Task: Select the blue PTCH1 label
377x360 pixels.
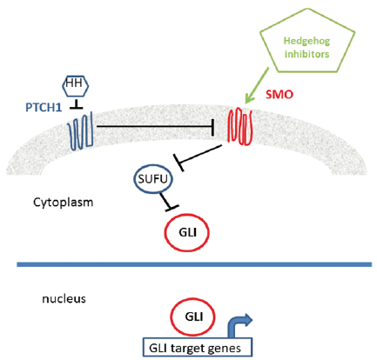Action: tap(44, 108)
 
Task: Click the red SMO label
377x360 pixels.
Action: tap(279, 95)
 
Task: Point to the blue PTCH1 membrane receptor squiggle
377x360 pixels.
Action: tap(80, 131)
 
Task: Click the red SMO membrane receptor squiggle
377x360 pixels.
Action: tap(240, 126)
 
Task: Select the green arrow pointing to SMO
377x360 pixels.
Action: tap(257, 85)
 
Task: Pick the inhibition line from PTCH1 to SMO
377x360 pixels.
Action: tap(155, 126)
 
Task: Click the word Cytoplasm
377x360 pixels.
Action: tap(64, 203)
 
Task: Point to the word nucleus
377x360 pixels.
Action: tap(64, 298)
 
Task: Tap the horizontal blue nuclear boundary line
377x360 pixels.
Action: tap(194, 264)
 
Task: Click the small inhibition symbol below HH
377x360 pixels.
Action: tap(77, 104)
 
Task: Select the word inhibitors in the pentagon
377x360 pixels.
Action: tap(307, 54)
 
